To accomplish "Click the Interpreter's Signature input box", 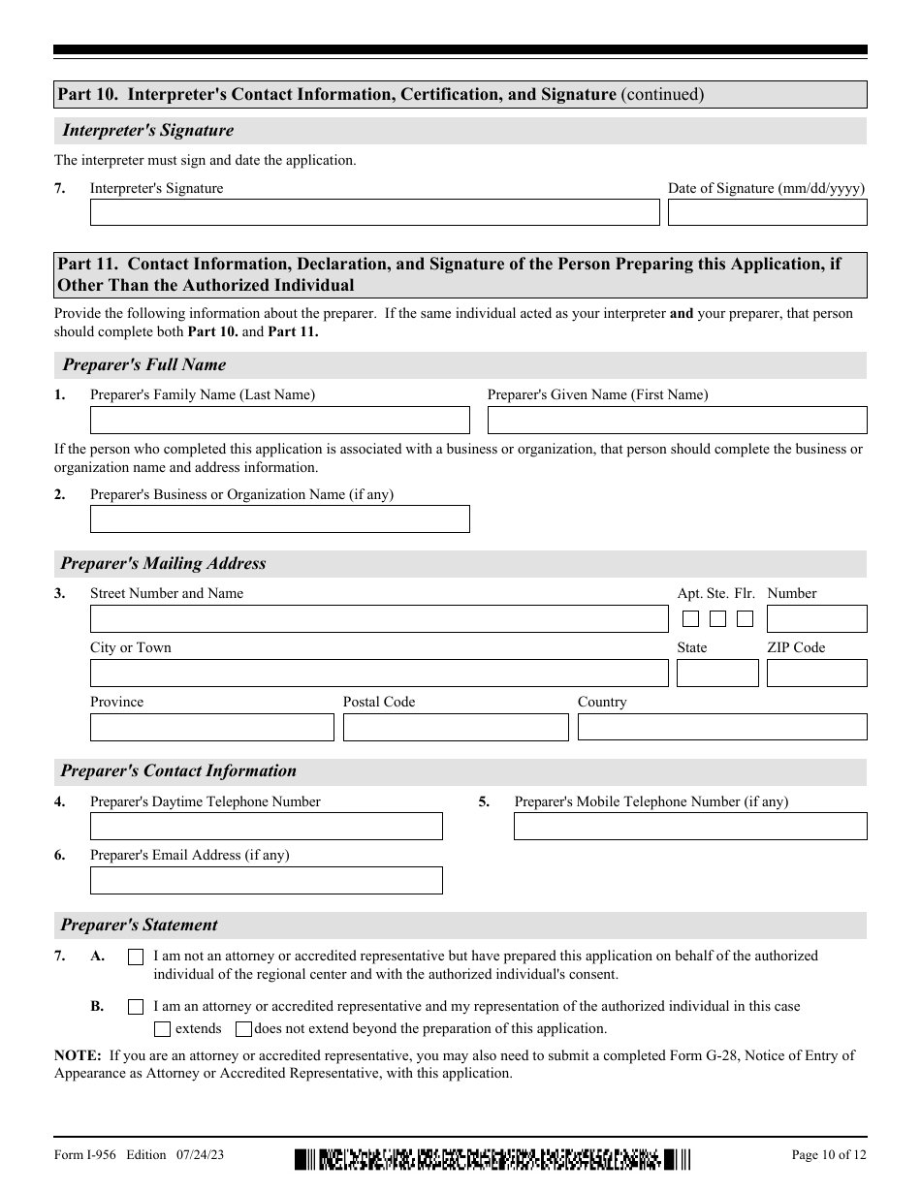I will [x=374, y=212].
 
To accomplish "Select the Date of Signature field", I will [x=767, y=212].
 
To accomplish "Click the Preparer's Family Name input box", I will [x=279, y=420].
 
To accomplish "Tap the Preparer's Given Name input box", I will [x=677, y=420].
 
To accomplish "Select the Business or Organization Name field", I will [x=279, y=518].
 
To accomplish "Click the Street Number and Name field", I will [x=379, y=619].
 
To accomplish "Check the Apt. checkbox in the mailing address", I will [x=691, y=618].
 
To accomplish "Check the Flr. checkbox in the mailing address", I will [x=745, y=618].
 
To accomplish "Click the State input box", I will [x=717, y=673].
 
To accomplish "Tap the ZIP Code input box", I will [x=816, y=673].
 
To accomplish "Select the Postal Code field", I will [x=456, y=727].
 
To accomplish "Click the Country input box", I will [x=722, y=727].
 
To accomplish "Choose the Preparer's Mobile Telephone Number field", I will [x=690, y=826].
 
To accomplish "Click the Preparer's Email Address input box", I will [x=266, y=880].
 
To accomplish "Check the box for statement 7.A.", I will [x=136, y=957].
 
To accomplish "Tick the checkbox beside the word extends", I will [x=163, y=1029].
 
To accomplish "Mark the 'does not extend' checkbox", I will [x=243, y=1029].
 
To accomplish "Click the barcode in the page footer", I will [x=492, y=1158].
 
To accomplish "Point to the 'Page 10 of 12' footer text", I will [x=829, y=1154].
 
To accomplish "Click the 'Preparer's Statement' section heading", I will [x=139, y=925].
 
